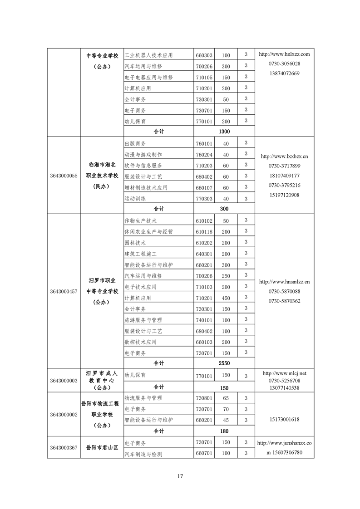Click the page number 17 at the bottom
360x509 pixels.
tap(180, 476)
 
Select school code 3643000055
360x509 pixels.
tap(64, 176)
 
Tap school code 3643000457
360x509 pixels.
tap(64, 291)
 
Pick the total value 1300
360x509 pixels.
tap(224, 132)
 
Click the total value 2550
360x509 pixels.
tap(224, 363)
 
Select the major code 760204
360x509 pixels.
tap(204, 154)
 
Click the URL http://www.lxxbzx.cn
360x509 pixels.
tap(284, 156)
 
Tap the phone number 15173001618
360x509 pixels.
tap(284, 420)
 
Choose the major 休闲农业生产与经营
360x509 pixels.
tap(148, 232)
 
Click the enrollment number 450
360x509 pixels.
tap(226, 298)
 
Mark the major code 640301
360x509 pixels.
tap(204, 254)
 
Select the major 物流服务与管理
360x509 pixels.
tap(143, 398)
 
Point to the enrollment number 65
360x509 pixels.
tap(226, 398)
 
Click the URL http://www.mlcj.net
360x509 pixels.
tap(284, 373)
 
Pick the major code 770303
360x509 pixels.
tap(204, 199)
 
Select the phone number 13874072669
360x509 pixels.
tap(284, 73)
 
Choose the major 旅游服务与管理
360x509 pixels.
tap(143, 320)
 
